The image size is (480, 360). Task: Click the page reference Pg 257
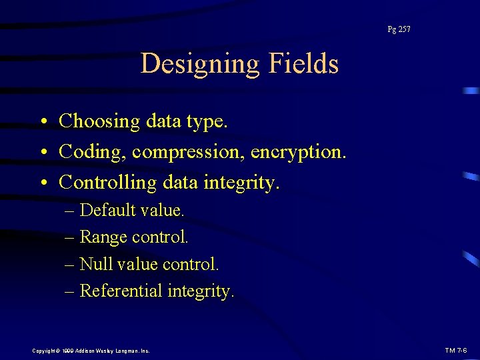399,29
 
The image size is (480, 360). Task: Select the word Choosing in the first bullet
99,121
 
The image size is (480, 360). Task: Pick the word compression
188,153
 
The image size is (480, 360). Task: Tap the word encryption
298,153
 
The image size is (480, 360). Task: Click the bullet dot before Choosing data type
43,123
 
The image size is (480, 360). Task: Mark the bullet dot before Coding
43,153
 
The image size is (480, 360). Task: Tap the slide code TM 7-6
456,350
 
